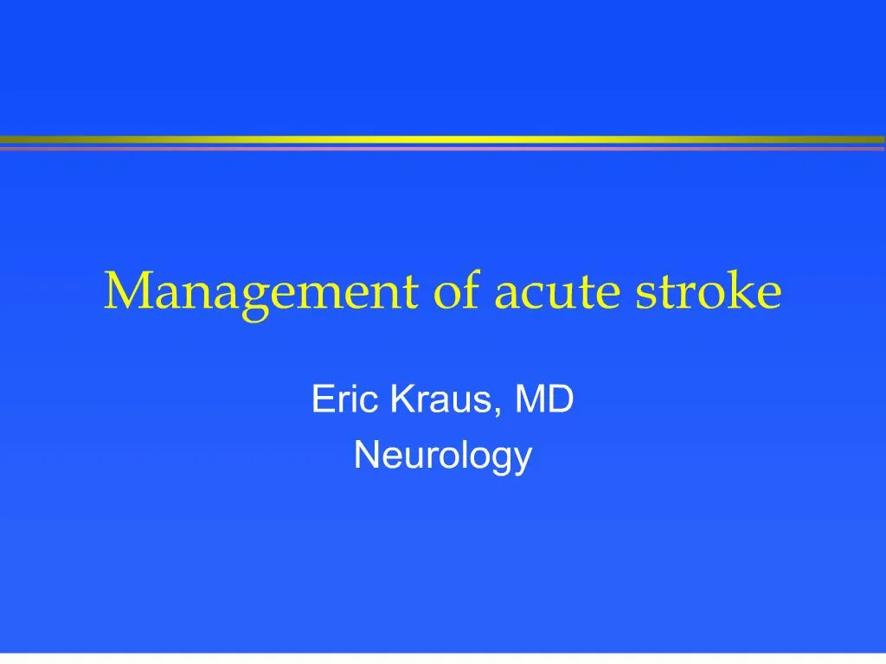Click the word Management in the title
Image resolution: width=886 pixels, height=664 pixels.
tap(260, 291)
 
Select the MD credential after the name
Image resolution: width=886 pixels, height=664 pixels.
tap(544, 400)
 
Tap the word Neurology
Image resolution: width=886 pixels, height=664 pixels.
tap(442, 456)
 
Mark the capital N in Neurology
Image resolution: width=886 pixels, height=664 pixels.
tap(365, 454)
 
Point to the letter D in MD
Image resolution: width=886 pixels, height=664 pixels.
tap(561, 400)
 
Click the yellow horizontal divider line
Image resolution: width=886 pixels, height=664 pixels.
tap(443, 139)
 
